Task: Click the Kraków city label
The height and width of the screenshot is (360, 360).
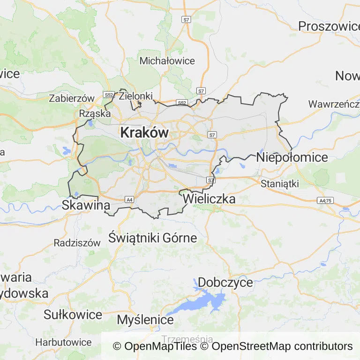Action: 144,133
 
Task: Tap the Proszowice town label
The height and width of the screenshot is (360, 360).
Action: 329,26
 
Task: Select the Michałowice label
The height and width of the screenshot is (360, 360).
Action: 167,61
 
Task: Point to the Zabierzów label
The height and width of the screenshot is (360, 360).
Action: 72,98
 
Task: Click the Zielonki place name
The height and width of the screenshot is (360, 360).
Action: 136,96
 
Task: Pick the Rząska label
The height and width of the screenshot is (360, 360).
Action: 95,113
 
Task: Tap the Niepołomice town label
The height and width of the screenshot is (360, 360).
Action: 292,157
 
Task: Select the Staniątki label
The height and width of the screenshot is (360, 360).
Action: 280,183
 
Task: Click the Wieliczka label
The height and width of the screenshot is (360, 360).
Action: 209,199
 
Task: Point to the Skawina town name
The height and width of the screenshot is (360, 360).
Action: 86,205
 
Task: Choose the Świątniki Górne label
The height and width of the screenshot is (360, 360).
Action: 152,238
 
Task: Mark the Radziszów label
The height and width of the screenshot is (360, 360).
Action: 77,243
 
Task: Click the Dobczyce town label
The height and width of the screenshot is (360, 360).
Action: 225,283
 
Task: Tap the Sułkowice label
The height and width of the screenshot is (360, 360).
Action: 73,314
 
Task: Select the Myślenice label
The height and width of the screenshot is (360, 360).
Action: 145,320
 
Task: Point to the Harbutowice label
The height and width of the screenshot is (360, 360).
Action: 64,342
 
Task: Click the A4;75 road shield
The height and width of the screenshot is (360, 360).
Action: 324,200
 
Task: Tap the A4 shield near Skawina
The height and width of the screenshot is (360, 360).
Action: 129,200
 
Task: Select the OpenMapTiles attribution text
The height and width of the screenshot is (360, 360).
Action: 155,346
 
